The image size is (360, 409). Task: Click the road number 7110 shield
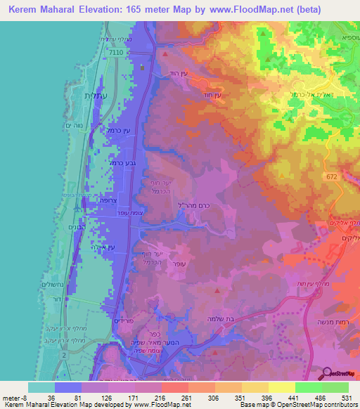[x=116, y=53]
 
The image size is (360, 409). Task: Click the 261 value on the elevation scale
[x=165, y=398]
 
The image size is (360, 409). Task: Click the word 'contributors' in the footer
[x=332, y=405]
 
